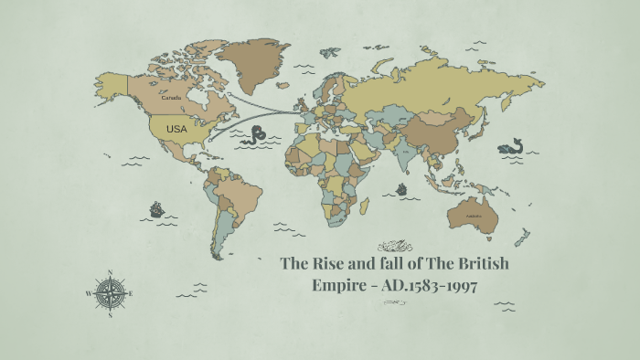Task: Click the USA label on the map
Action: pos(176,130)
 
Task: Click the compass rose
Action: pos(110,293)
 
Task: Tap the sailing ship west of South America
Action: pos(156,209)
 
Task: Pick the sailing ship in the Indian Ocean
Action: pos(400,189)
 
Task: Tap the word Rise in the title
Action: pos(327,264)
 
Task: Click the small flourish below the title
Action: pos(394,302)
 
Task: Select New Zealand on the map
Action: pos(521,238)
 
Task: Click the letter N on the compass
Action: pos(110,273)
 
